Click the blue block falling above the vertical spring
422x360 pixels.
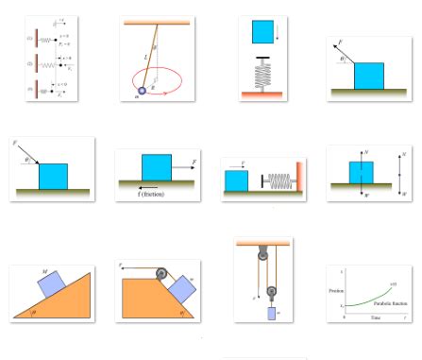pos(262,31)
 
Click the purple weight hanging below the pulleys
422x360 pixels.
pos(274,314)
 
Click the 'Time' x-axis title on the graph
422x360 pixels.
pos(375,319)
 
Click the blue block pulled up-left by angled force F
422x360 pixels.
pos(369,76)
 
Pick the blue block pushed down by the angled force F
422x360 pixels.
pos(53,176)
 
